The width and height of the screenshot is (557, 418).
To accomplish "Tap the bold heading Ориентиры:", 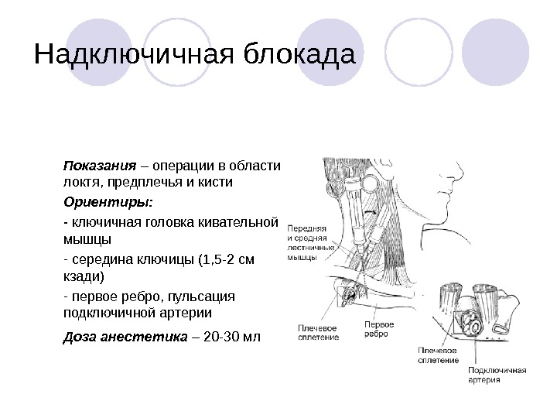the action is click(x=108, y=202).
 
